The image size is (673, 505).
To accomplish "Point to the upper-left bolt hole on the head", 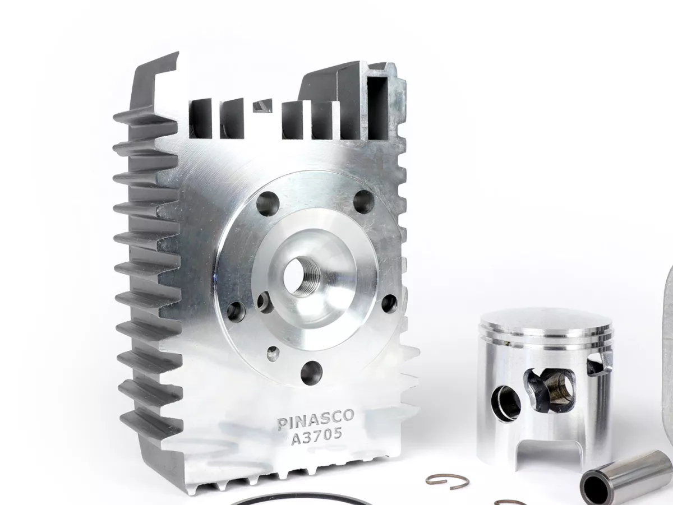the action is [268, 203].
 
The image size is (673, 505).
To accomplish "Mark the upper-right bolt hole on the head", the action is [363, 202].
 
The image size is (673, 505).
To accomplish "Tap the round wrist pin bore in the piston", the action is [505, 402].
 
